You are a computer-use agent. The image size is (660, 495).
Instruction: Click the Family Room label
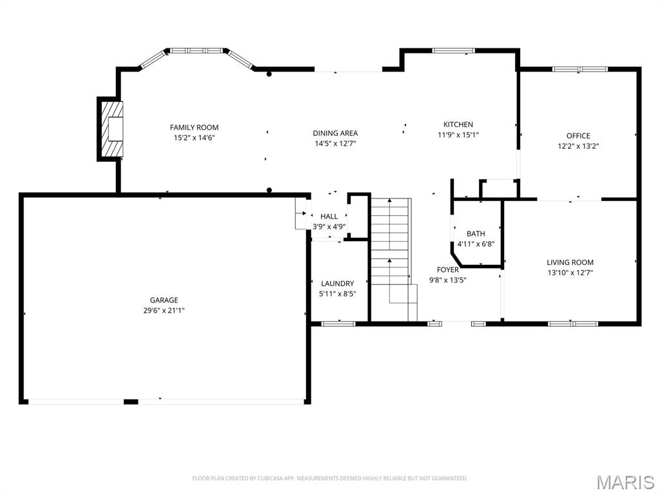tap(194, 128)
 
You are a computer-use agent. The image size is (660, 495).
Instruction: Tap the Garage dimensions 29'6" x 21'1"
tap(164, 310)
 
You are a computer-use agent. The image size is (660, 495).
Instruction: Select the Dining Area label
tap(335, 133)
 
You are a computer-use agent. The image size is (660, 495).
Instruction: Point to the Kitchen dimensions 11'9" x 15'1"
tap(458, 135)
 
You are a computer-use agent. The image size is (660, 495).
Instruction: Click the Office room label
tap(578, 135)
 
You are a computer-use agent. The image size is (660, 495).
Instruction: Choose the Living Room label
tap(570, 262)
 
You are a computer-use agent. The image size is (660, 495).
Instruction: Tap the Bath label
tap(476, 233)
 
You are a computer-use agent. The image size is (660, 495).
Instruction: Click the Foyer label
tap(448, 269)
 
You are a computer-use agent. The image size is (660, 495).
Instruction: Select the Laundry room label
tap(337, 284)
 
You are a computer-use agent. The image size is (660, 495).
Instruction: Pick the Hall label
tap(329, 217)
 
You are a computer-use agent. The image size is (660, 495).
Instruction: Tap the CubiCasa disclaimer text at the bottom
tap(330, 478)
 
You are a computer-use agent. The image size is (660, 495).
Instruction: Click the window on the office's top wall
tap(579, 69)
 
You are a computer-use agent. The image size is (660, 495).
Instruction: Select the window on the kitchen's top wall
tap(453, 50)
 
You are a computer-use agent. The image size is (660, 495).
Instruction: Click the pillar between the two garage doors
tap(131, 402)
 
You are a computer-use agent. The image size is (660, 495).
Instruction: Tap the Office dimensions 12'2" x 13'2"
tap(578, 146)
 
